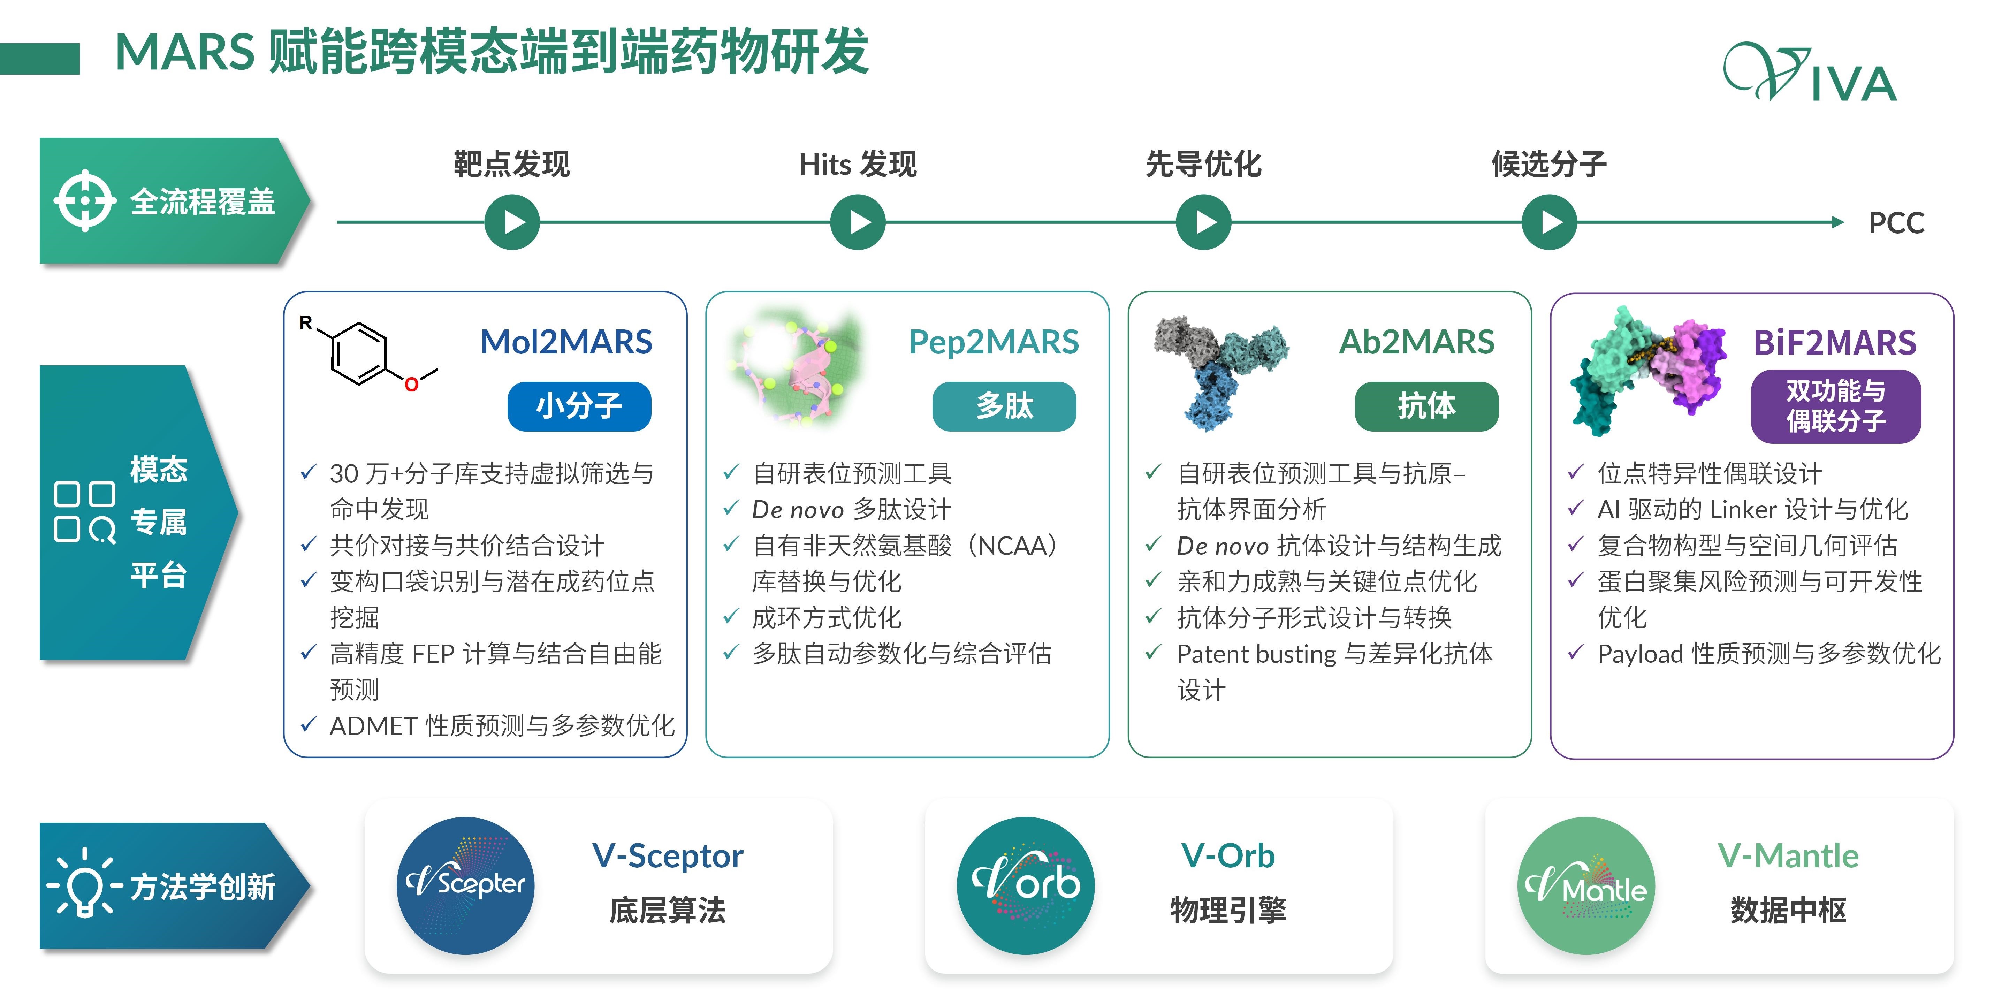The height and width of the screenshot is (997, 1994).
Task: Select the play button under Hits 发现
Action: (858, 222)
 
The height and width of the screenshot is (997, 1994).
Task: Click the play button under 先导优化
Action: (1204, 222)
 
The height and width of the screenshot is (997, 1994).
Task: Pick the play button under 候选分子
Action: (1549, 222)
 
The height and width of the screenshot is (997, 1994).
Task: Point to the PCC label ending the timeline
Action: (1896, 223)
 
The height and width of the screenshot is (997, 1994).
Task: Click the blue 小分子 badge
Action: (579, 406)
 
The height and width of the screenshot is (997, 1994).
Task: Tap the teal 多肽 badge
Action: (1004, 406)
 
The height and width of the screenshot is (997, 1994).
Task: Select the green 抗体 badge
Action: (1426, 406)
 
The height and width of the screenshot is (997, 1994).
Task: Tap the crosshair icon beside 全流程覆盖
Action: (85, 200)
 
